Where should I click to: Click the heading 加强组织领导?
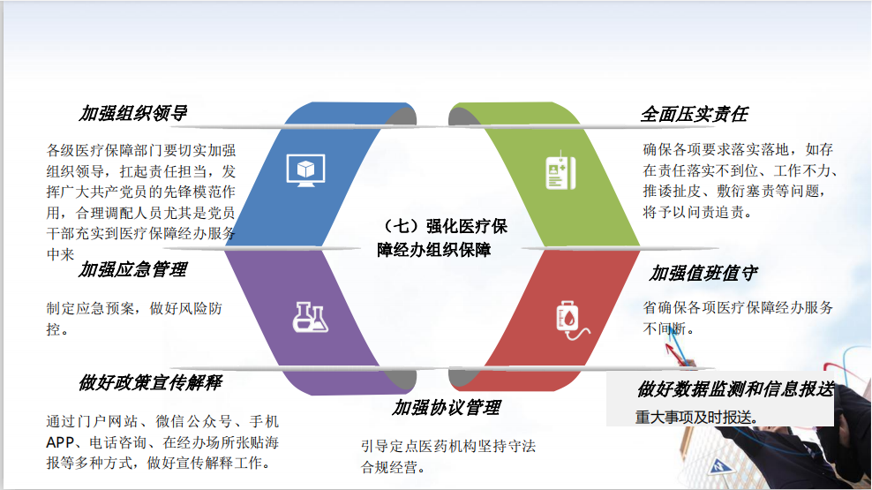point(133,114)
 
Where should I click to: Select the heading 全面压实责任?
point(694,115)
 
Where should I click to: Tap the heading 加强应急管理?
point(133,270)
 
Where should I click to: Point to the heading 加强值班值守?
point(703,274)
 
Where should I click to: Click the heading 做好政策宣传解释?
point(150,382)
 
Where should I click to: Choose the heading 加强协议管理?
point(447,408)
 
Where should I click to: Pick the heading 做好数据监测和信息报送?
point(736,389)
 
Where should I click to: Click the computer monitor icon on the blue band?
point(306,170)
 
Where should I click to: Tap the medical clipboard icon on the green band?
point(560,170)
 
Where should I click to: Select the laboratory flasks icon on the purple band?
point(311,318)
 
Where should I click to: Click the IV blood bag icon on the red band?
point(572,320)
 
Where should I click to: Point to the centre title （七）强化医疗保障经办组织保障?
point(442,238)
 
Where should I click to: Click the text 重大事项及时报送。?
point(697,417)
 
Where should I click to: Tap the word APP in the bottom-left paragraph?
point(59,442)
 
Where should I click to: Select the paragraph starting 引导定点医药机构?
point(448,456)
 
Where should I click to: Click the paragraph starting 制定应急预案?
point(134,319)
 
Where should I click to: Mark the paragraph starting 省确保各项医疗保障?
point(738,318)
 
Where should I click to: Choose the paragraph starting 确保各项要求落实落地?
point(740,181)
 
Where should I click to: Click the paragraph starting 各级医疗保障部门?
point(140,202)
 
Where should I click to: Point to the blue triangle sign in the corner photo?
point(720,466)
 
